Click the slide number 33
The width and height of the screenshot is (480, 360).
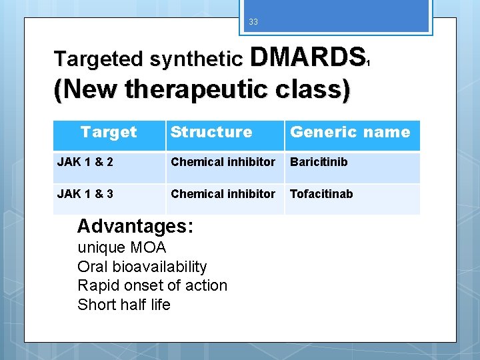tap(253, 22)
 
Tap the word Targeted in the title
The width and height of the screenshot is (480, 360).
tap(99, 59)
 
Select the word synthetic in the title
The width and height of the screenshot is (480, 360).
tap(196, 59)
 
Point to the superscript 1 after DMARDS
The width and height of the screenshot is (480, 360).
tap(368, 63)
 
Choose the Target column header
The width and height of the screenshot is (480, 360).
tap(109, 132)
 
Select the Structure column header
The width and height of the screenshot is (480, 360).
tap(211, 132)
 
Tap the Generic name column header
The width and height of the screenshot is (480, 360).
tap(350, 132)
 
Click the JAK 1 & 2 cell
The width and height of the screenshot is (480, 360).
tap(85, 162)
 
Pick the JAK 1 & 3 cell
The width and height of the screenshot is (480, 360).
tap(85, 194)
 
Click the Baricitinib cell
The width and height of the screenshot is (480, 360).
tap(319, 162)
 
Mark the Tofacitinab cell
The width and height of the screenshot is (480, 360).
tap(321, 194)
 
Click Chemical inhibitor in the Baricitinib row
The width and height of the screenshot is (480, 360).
tap(223, 162)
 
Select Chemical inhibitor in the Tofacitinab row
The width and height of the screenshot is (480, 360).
tap(223, 194)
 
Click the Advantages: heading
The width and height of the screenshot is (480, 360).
tap(135, 226)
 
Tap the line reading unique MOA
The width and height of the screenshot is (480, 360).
tap(122, 247)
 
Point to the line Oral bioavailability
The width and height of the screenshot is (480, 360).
tap(142, 267)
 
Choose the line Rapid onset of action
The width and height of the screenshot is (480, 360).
tap(152, 285)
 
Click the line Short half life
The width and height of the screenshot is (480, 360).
tap(124, 305)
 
